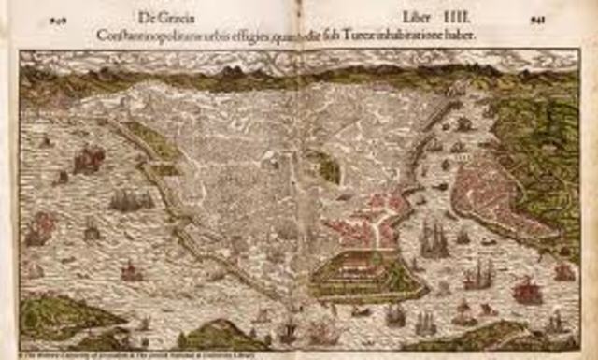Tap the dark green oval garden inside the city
pos(327,167)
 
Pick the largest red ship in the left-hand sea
pos(89,160)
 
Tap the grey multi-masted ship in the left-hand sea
pos(130,198)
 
